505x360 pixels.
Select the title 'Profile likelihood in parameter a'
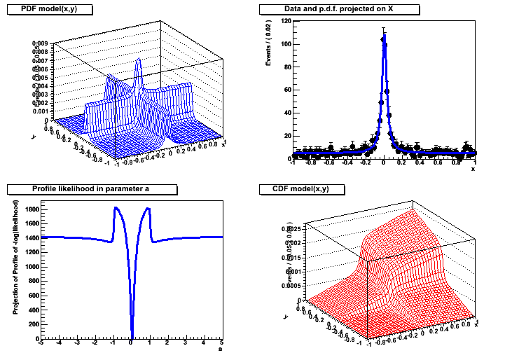point(91,189)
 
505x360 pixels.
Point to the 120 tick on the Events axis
point(286,22)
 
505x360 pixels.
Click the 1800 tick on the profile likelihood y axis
point(30,209)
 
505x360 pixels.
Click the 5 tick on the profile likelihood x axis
point(221,344)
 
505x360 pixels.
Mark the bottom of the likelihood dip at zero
point(132,336)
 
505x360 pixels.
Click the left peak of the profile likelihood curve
point(116,208)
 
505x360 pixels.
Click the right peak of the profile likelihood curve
point(147,208)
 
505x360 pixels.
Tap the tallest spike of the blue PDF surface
point(139,60)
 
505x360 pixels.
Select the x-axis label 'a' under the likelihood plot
point(220,349)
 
